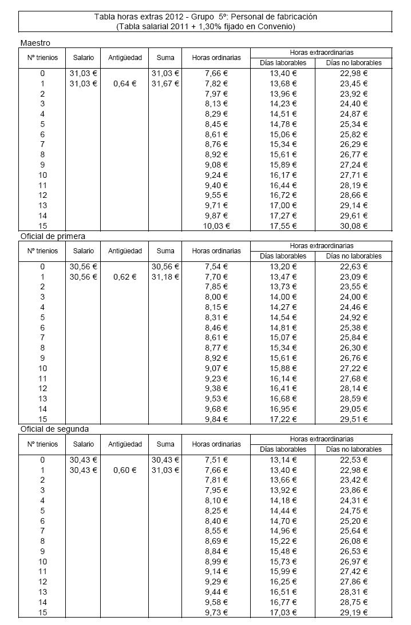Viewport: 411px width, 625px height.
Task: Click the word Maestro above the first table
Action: click(35, 43)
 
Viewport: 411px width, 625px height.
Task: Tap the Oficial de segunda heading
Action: click(54, 428)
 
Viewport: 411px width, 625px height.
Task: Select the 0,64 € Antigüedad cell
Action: click(125, 83)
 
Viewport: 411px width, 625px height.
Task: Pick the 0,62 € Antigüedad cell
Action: click(125, 277)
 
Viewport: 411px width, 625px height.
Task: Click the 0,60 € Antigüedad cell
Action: click(125, 470)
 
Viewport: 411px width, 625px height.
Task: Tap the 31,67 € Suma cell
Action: click(165, 83)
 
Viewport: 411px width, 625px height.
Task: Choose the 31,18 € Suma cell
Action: click(165, 277)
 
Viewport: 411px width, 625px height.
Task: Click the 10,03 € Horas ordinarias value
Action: click(216, 226)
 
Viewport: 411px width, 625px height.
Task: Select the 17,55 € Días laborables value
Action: click(283, 226)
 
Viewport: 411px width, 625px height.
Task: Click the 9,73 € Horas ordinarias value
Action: click(216, 613)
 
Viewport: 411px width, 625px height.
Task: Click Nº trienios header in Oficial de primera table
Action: click(42, 251)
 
